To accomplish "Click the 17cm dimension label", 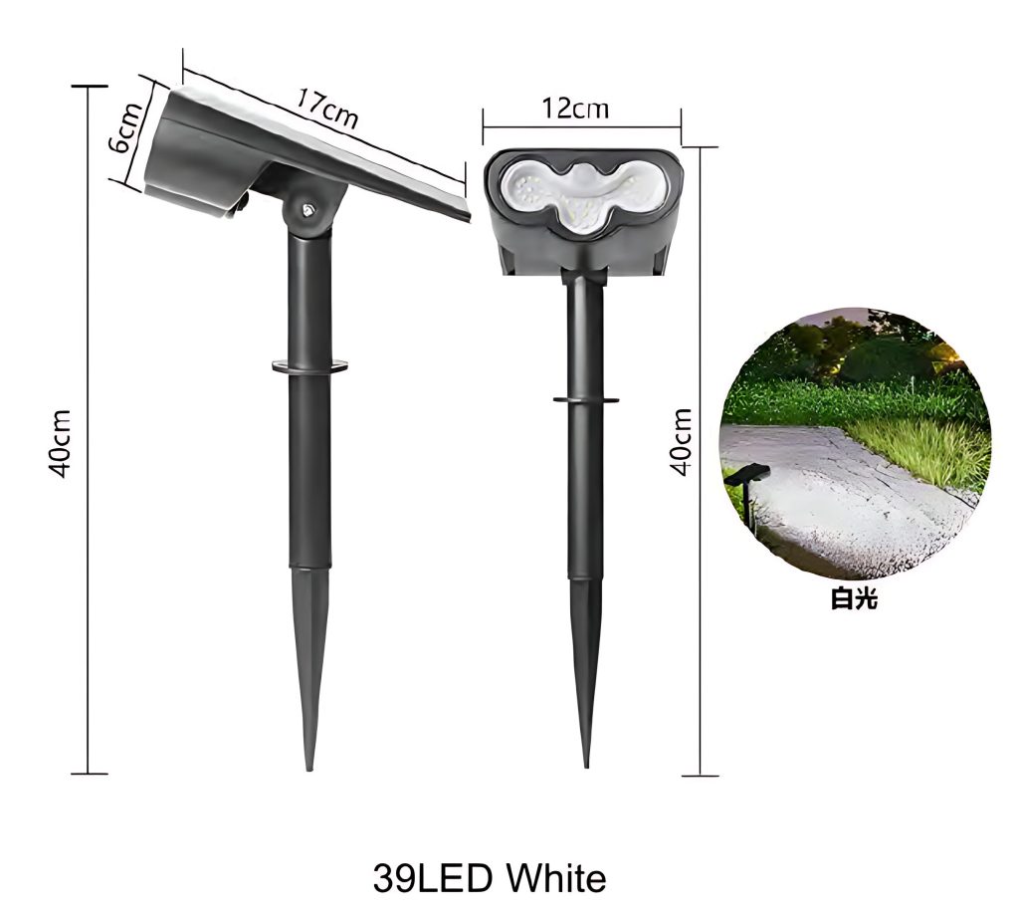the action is (326, 108).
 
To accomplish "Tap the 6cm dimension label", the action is (126, 127).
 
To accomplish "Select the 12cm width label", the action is (576, 109).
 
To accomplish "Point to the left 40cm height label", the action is (60, 443).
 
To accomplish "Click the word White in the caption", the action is (556, 878).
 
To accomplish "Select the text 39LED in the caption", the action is (432, 878).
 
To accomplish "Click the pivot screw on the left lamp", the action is (306, 209).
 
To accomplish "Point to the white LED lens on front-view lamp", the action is (582, 193).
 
